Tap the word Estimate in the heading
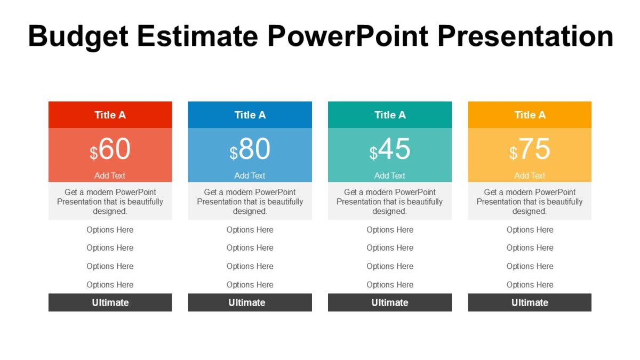(197, 36)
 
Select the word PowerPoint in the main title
(348, 36)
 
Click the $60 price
(110, 150)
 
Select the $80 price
(250, 150)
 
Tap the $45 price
(390, 150)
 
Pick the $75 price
(530, 150)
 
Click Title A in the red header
(110, 115)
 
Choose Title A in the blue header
(250, 115)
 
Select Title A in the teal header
(390, 115)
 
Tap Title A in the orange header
(530, 115)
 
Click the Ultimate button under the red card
(110, 302)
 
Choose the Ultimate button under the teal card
(390, 302)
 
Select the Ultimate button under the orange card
(530, 302)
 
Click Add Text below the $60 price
(110, 175)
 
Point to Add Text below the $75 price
(530, 175)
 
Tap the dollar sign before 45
(373, 154)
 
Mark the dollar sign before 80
(234, 154)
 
